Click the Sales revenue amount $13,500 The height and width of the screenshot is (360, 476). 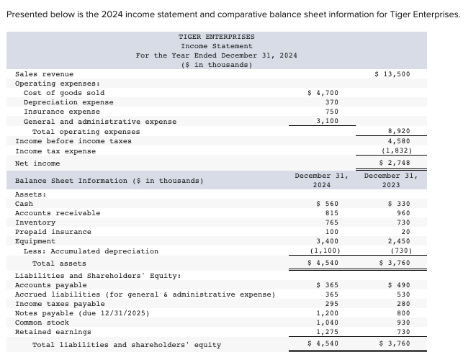[392, 74]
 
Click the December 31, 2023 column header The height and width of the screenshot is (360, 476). [391, 180]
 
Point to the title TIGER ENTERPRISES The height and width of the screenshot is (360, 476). [216, 37]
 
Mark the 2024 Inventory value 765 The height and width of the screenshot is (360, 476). [331, 222]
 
